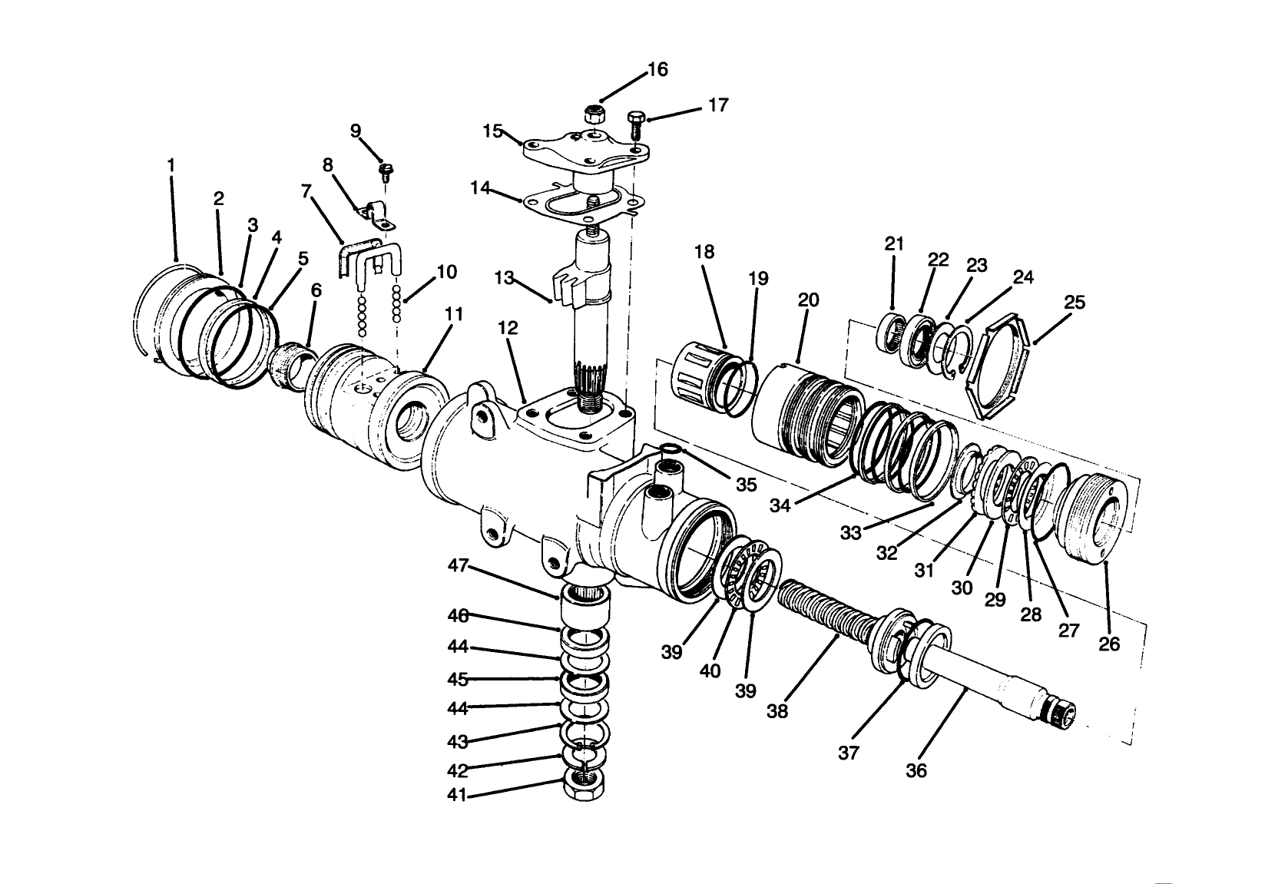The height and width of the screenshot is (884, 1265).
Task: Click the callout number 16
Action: coord(657,70)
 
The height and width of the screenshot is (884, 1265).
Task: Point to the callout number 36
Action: coord(916,770)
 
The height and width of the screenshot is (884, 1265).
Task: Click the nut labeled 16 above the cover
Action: coord(592,115)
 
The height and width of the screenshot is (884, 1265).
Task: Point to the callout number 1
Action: coord(171,164)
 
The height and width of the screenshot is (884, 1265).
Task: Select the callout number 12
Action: coord(508,328)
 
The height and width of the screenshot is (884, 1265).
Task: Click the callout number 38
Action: coord(777,711)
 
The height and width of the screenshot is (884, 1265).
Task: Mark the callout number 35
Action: coord(746,485)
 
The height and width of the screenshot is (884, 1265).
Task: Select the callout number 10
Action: coord(446,272)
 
